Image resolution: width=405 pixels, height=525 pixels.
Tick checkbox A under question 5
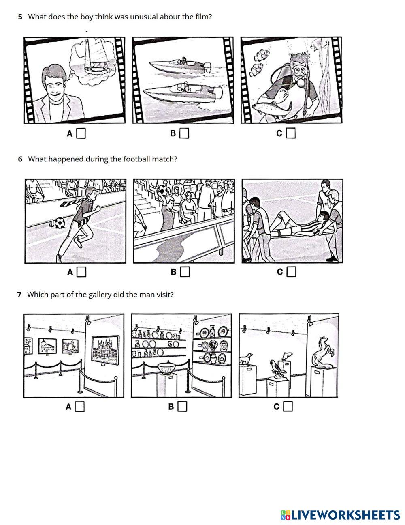pyautogui.click(x=81, y=133)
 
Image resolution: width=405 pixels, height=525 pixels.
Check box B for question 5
pyautogui.click(x=184, y=133)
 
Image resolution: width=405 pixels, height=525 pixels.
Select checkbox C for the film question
pyautogui.click(x=290, y=133)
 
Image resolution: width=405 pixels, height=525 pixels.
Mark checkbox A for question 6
pyautogui.click(x=81, y=272)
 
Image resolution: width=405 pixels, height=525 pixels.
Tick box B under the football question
pyautogui.click(x=185, y=272)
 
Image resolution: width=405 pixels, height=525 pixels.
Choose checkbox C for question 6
pyautogui.click(x=292, y=272)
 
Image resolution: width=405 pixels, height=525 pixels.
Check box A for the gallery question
pyautogui.click(x=80, y=407)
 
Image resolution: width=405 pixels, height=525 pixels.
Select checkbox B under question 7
pyautogui.click(x=183, y=407)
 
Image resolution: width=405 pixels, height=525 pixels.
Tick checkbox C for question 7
pyautogui.click(x=288, y=407)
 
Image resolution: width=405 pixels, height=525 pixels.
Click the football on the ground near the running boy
pyautogui.click(x=60, y=223)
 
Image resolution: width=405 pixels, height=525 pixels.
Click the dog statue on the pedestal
pyautogui.click(x=246, y=359)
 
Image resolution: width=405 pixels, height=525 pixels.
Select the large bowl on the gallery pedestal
pyautogui.click(x=166, y=369)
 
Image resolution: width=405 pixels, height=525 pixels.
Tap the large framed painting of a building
pyautogui.click(x=105, y=350)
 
